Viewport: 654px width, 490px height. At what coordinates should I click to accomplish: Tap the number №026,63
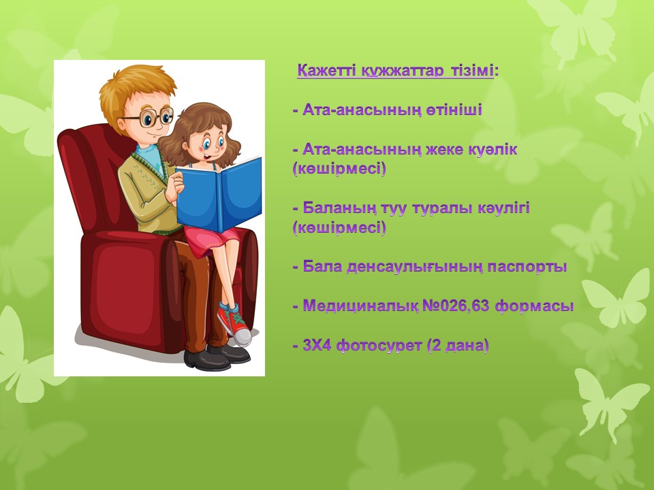pyautogui.click(x=456, y=306)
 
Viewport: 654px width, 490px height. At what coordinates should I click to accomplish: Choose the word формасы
pyautogui.click(x=534, y=306)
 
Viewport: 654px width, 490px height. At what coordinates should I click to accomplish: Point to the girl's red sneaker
pyautogui.click(x=234, y=323)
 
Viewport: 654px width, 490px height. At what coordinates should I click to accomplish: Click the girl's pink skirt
pyautogui.click(x=211, y=241)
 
